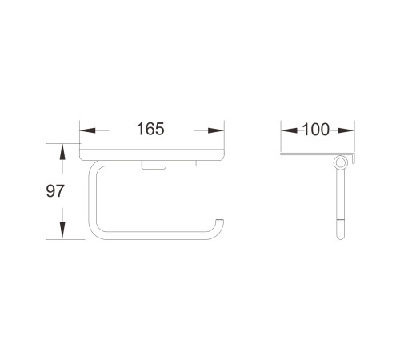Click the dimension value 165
click(x=150, y=129)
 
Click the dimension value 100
click(x=316, y=130)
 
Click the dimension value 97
click(x=55, y=191)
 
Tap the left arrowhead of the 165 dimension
click(x=88, y=130)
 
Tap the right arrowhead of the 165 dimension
click(x=216, y=130)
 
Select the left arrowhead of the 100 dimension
click(x=290, y=130)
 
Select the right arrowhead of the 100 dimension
click(x=346, y=130)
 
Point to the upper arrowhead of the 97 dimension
click(x=62, y=152)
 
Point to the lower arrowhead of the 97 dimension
click(x=62, y=230)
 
